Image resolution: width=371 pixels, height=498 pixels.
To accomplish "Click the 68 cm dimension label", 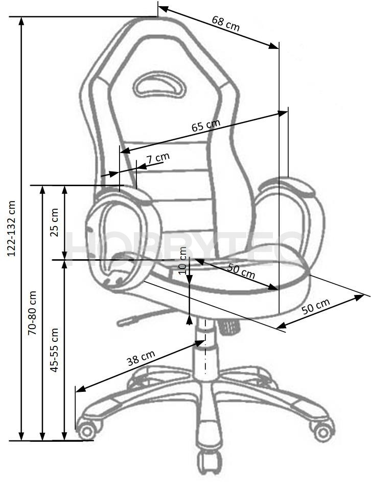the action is [x=225, y=23].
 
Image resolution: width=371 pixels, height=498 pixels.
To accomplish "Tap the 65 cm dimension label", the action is [x=206, y=125].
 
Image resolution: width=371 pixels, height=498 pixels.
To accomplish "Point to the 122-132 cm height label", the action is [x=11, y=228].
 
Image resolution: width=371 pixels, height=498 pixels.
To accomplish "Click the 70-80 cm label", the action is [x=32, y=313].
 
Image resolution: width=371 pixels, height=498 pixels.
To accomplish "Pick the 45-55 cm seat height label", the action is [x=54, y=350].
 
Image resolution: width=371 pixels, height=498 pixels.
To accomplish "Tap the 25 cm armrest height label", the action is [x=54, y=222].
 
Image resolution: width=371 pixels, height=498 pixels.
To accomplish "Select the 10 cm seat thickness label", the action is [x=182, y=260].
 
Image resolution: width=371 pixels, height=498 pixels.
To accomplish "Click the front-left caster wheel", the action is [x=86, y=430].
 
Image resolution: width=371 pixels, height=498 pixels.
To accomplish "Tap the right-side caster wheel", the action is [x=323, y=431].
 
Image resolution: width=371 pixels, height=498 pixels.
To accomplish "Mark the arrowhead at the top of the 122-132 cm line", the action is [x=21, y=21].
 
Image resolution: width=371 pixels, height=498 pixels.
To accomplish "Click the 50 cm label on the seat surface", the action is [x=241, y=270].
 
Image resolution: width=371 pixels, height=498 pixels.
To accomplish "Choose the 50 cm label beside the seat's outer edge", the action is [x=315, y=306].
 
